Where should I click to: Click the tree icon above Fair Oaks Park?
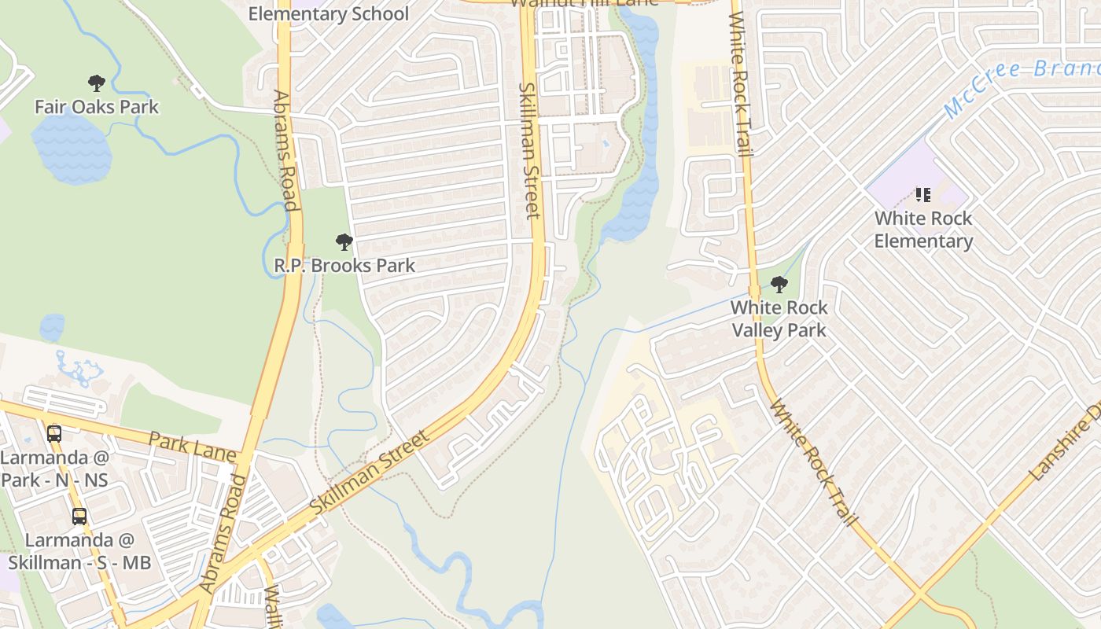click(97, 83)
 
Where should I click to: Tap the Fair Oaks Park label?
click(97, 107)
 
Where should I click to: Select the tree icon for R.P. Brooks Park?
click(344, 241)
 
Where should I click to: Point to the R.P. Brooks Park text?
click(344, 266)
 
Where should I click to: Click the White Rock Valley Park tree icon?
click(779, 284)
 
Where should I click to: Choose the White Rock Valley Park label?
click(779, 318)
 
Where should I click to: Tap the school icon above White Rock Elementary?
click(923, 194)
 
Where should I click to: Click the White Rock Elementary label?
click(923, 230)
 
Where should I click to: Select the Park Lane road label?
click(192, 447)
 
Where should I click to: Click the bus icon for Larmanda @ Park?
click(54, 433)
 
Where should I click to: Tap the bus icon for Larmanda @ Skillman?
click(79, 516)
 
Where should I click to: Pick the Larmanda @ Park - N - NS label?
click(54, 469)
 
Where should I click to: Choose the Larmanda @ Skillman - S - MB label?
click(79, 551)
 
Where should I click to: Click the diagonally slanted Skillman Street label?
click(370, 473)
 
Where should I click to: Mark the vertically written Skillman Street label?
click(529, 149)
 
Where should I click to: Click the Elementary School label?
click(329, 13)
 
